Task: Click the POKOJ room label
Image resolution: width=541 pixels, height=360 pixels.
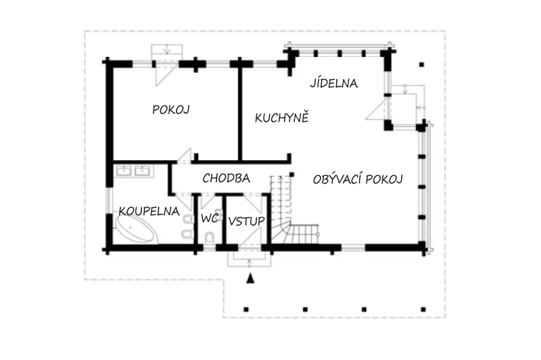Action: pyautogui.click(x=171, y=110)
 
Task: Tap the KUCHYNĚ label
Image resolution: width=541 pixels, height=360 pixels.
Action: pyautogui.click(x=281, y=118)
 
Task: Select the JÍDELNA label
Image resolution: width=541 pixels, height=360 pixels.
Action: pyautogui.click(x=333, y=83)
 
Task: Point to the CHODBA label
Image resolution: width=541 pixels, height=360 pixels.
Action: pyautogui.click(x=226, y=178)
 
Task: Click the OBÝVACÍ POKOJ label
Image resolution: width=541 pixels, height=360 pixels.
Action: pyautogui.click(x=358, y=179)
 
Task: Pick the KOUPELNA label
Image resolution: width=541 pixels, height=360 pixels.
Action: pyautogui.click(x=149, y=211)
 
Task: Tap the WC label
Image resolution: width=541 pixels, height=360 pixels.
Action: pyautogui.click(x=210, y=218)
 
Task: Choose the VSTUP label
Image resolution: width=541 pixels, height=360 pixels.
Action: pyautogui.click(x=247, y=221)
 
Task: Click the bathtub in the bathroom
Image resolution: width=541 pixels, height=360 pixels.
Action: pyautogui.click(x=135, y=229)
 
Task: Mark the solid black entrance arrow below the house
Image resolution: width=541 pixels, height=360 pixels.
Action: pyautogui.click(x=250, y=278)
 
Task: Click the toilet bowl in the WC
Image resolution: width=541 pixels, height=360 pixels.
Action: pyautogui.click(x=209, y=238)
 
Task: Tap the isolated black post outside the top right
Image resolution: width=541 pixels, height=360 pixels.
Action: pyautogui.click(x=421, y=64)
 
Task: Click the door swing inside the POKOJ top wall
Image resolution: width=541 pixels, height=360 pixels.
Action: pyautogui.click(x=164, y=74)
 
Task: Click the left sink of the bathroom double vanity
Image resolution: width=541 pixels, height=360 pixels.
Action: pyautogui.click(x=124, y=171)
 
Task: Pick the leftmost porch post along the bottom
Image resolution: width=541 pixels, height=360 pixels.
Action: pyautogui.click(x=246, y=309)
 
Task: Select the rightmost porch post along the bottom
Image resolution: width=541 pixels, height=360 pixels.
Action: pyautogui.click(x=423, y=309)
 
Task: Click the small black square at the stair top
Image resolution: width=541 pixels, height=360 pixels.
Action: pyautogui.click(x=291, y=175)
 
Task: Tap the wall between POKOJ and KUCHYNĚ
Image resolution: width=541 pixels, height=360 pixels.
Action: pyautogui.click(x=240, y=112)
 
